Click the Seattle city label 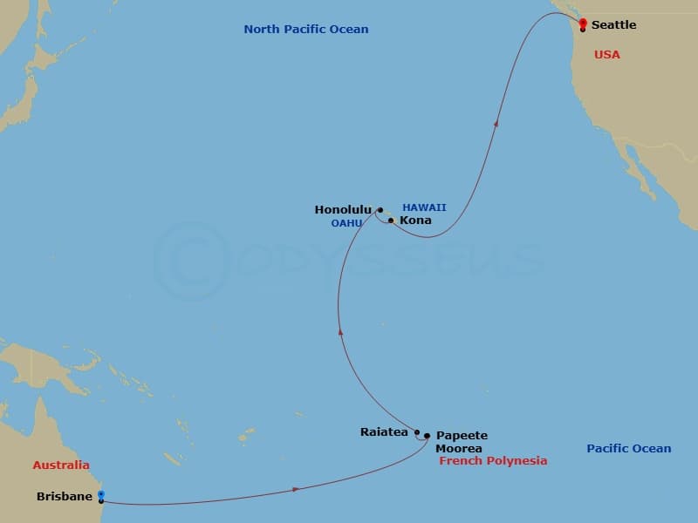(613, 24)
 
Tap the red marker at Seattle (583, 23)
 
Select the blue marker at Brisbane (101, 495)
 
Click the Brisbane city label (65, 497)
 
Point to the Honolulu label (343, 210)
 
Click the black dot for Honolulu (380, 210)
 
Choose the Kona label (415, 221)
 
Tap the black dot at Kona (391, 221)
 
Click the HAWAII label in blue (424, 207)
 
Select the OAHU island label (346, 224)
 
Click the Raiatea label (384, 431)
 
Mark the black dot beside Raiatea (417, 432)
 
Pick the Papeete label (462, 436)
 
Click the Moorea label (459, 448)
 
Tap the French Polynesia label (493, 460)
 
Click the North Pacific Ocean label (305, 30)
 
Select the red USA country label (606, 55)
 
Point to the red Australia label (61, 465)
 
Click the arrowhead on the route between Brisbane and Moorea (297, 490)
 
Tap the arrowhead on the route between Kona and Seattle (496, 125)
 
